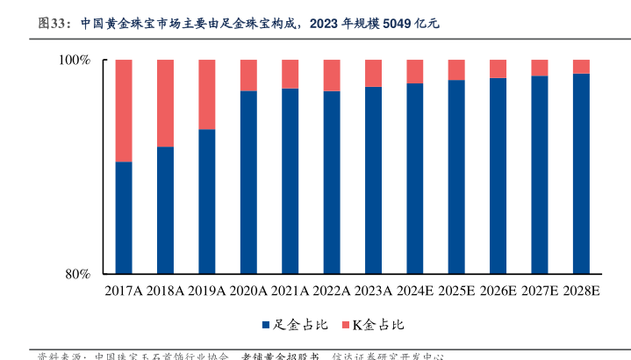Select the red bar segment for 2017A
(x=124, y=111)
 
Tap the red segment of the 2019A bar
(x=207, y=94)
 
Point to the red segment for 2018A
(x=165, y=103)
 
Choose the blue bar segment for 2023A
(x=373, y=180)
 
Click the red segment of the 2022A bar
(x=332, y=76)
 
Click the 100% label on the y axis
(x=74, y=61)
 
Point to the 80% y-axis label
(x=77, y=274)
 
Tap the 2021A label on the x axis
(x=290, y=291)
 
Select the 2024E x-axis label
(x=415, y=291)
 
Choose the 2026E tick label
(x=498, y=291)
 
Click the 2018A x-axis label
(x=165, y=291)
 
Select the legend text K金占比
(x=378, y=326)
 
